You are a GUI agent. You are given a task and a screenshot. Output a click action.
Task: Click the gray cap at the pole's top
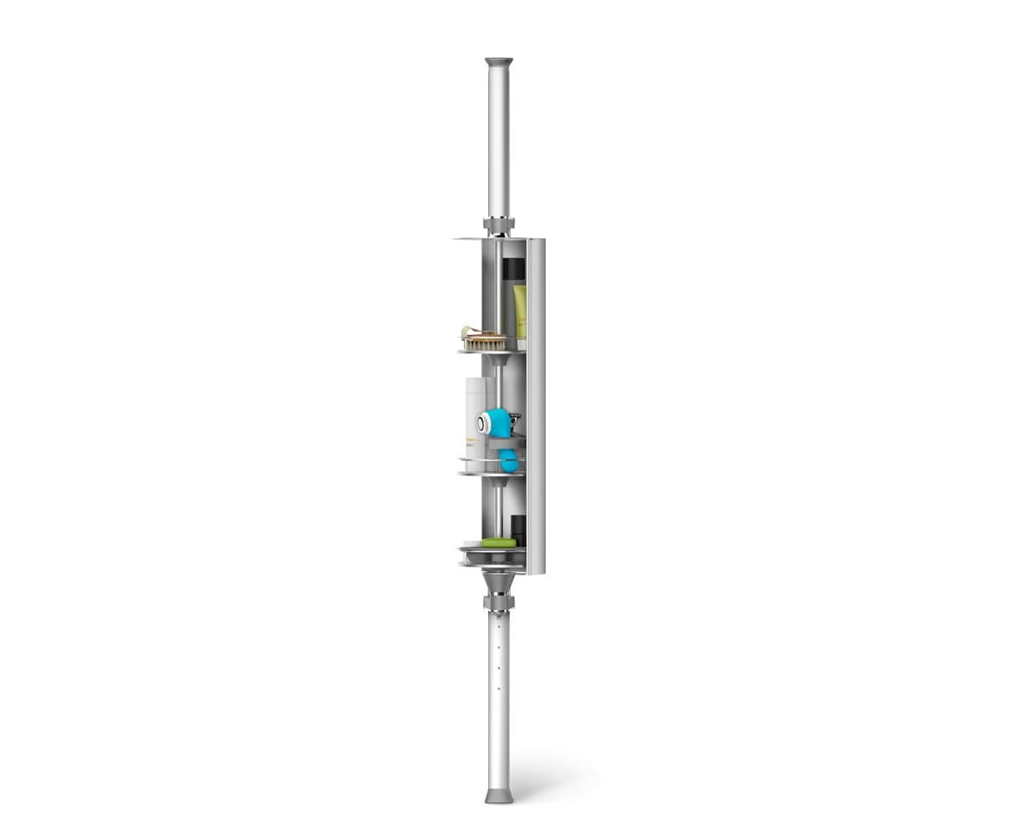tap(499, 63)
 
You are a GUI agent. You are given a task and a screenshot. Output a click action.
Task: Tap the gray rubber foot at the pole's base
tap(499, 795)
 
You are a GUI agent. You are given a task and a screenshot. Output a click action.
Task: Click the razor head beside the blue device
tap(514, 422)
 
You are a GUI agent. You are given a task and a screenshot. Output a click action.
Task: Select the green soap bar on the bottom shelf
tap(499, 542)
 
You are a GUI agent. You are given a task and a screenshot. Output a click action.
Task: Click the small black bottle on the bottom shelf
tap(518, 529)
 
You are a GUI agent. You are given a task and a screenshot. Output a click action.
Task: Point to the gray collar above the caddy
tap(500, 227)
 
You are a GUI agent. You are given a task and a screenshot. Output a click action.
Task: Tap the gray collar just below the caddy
tap(499, 603)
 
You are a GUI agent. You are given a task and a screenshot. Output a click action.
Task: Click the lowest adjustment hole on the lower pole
tap(499, 689)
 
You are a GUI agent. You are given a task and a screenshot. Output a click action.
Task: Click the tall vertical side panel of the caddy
tap(536, 406)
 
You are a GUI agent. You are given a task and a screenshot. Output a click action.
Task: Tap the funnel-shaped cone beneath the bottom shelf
tap(499, 581)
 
